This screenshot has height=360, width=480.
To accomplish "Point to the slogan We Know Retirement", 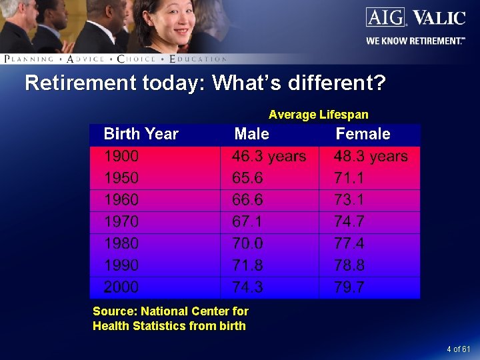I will click(x=415, y=41).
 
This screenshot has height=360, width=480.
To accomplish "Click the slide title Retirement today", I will click(x=205, y=83).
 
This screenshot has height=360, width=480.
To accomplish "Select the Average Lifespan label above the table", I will click(x=318, y=115).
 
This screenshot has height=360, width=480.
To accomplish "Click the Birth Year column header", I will click(x=141, y=134).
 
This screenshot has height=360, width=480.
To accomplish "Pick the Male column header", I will click(x=251, y=134).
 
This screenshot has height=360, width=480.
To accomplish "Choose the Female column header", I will click(x=363, y=134).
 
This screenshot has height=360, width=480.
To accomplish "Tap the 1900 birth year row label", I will click(x=121, y=157).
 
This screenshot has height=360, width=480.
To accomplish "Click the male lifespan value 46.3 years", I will click(x=269, y=157).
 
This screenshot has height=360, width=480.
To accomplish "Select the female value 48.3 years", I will click(x=371, y=157).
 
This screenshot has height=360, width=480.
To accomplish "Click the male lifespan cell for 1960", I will click(x=247, y=200).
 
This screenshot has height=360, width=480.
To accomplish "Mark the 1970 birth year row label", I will click(x=121, y=221).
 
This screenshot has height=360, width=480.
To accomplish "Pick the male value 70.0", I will click(x=247, y=243).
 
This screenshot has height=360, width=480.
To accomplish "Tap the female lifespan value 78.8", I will click(x=349, y=265).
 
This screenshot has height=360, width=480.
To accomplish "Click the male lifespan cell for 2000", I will click(x=247, y=287).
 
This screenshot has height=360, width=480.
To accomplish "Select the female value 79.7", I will click(x=349, y=287).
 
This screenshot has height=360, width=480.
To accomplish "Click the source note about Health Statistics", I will click(x=170, y=319).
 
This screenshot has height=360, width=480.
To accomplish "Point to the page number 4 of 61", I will click(x=458, y=349).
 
